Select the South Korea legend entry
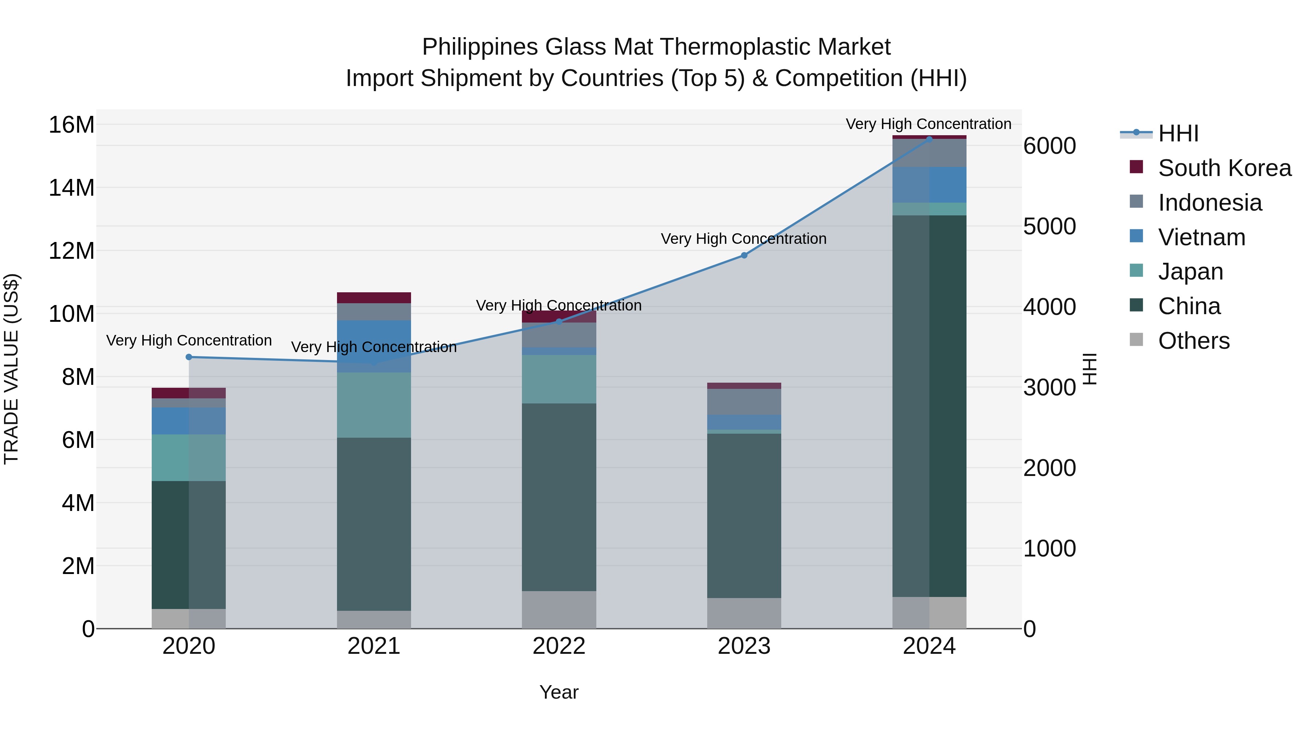pos(1224,168)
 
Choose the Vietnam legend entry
pos(1201,237)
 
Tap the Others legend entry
pos(1193,341)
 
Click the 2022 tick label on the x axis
pos(559,646)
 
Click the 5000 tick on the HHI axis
pos(1049,227)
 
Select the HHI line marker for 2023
pos(744,255)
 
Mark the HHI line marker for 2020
pos(189,357)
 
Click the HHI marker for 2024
pos(929,139)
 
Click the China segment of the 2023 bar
pos(744,514)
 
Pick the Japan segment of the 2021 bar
pos(373,405)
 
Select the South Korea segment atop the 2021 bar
pos(373,297)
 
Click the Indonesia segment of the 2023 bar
pos(744,401)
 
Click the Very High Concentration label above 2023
pos(743,239)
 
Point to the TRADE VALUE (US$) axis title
pos(12,369)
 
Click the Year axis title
pos(559,692)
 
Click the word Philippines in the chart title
pos(479,47)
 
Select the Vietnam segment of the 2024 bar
pos(929,184)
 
